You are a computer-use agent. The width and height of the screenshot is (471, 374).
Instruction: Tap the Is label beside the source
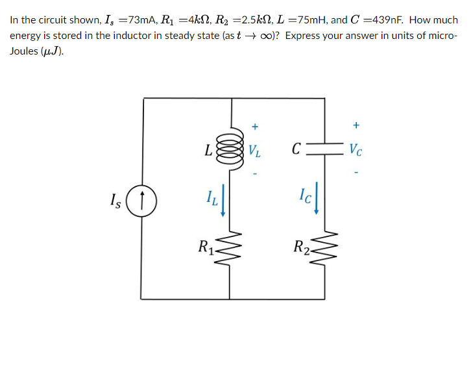coord(117,198)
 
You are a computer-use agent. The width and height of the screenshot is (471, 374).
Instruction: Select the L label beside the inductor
coord(207,151)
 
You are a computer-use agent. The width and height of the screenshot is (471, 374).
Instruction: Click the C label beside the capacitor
coord(296,152)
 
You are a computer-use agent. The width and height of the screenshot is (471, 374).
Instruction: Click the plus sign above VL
coord(255,125)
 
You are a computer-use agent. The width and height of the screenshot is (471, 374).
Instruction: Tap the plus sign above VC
coord(356,125)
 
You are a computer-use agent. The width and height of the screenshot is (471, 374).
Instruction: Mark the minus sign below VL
coord(255,174)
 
